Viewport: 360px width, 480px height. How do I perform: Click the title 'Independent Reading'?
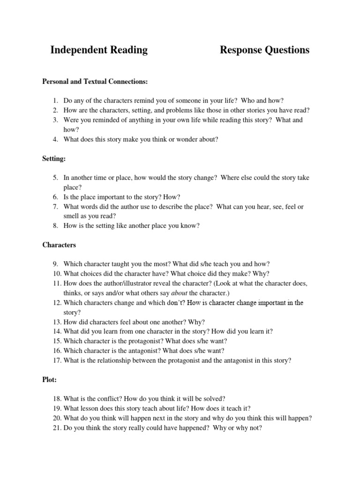point(99,50)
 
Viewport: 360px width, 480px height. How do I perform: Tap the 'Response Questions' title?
point(264,50)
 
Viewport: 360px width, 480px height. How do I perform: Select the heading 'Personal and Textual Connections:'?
point(95,82)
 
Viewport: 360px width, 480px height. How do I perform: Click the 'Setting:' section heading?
point(54,159)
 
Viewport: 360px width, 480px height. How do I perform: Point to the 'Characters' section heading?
point(59,245)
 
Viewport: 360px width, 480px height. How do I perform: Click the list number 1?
point(55,100)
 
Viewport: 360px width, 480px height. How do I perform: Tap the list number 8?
point(55,225)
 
